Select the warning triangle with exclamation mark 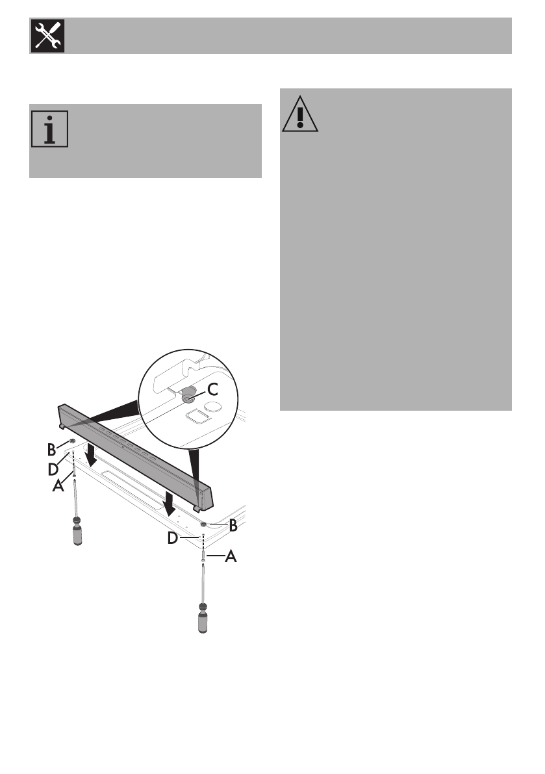(300, 114)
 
